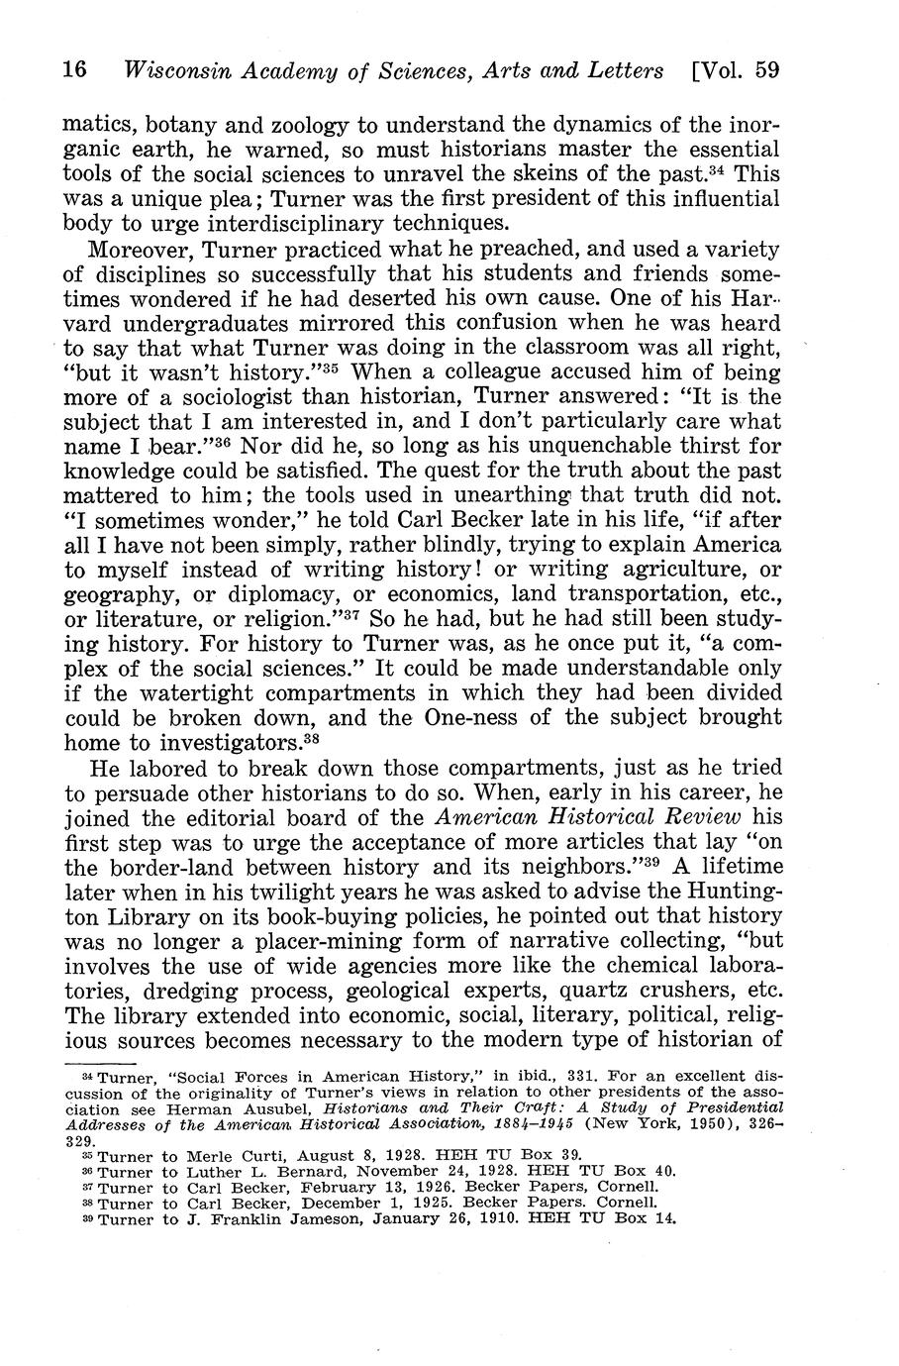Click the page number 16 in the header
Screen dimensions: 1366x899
75,71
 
